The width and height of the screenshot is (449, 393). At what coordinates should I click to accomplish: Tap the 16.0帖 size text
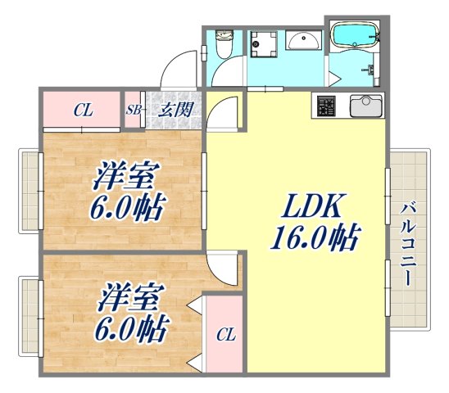315,239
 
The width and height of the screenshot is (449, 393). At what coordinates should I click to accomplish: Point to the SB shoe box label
133,110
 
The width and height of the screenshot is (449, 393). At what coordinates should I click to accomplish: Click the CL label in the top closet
82,110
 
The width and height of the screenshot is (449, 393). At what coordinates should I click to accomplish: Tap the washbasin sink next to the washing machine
306,41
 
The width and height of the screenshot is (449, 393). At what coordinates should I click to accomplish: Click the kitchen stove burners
326,107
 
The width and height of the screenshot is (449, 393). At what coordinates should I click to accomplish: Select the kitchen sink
367,107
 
